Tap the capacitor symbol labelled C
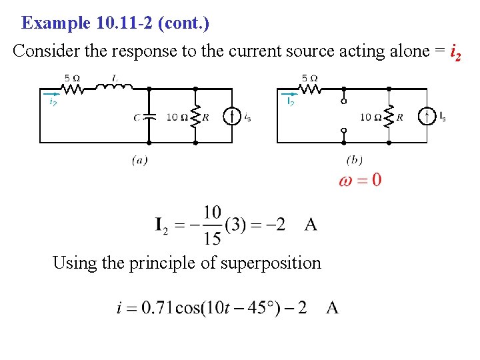point(149,116)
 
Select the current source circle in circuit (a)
point(232,117)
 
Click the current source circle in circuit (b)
point(427,117)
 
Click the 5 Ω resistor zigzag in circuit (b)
point(309,87)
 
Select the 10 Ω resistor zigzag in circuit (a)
point(195,117)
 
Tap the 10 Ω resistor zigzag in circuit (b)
point(389,117)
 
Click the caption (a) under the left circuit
point(139,159)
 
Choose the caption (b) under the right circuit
point(355,159)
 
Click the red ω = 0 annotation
point(360,180)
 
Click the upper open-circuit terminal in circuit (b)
point(343,101)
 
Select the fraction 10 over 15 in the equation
point(212,225)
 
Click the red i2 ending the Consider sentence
point(454,52)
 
